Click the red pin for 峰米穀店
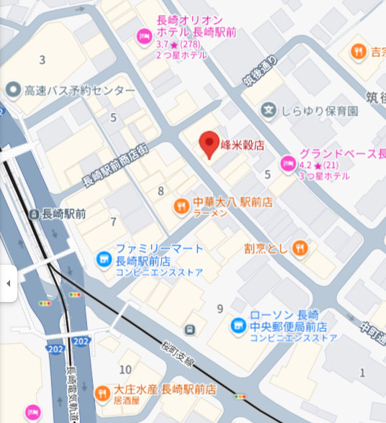209,145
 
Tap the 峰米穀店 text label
242,145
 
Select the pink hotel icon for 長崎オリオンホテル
143,35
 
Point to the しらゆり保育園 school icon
269,111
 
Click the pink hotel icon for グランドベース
287,163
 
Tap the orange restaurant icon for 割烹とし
300,248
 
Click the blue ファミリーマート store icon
104,258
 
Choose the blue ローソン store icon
238,326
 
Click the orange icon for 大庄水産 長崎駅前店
102,394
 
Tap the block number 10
125,369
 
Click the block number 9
220,309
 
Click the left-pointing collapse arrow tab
8,283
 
